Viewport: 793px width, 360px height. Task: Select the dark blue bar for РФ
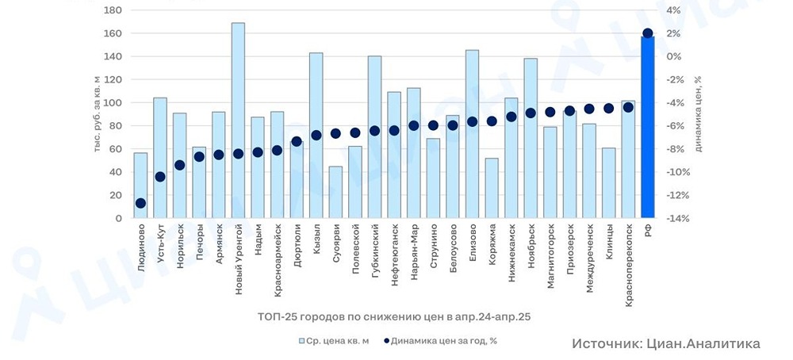[648, 127]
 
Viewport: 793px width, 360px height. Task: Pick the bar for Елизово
[472, 134]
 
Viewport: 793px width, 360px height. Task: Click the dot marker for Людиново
[140, 204]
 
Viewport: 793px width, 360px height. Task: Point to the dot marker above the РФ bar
[648, 33]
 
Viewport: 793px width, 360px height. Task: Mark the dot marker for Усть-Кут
[160, 177]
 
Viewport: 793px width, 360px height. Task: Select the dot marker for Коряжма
[492, 121]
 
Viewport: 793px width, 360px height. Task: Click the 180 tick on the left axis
[113, 10]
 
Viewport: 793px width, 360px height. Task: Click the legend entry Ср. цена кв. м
[334, 341]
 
